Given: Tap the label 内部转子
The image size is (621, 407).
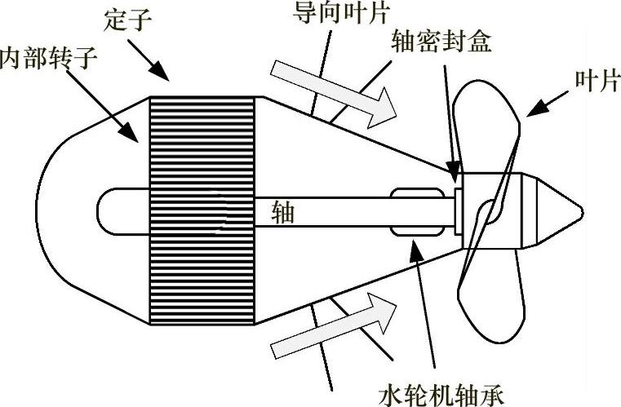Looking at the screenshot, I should pyautogui.click(x=36, y=59).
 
